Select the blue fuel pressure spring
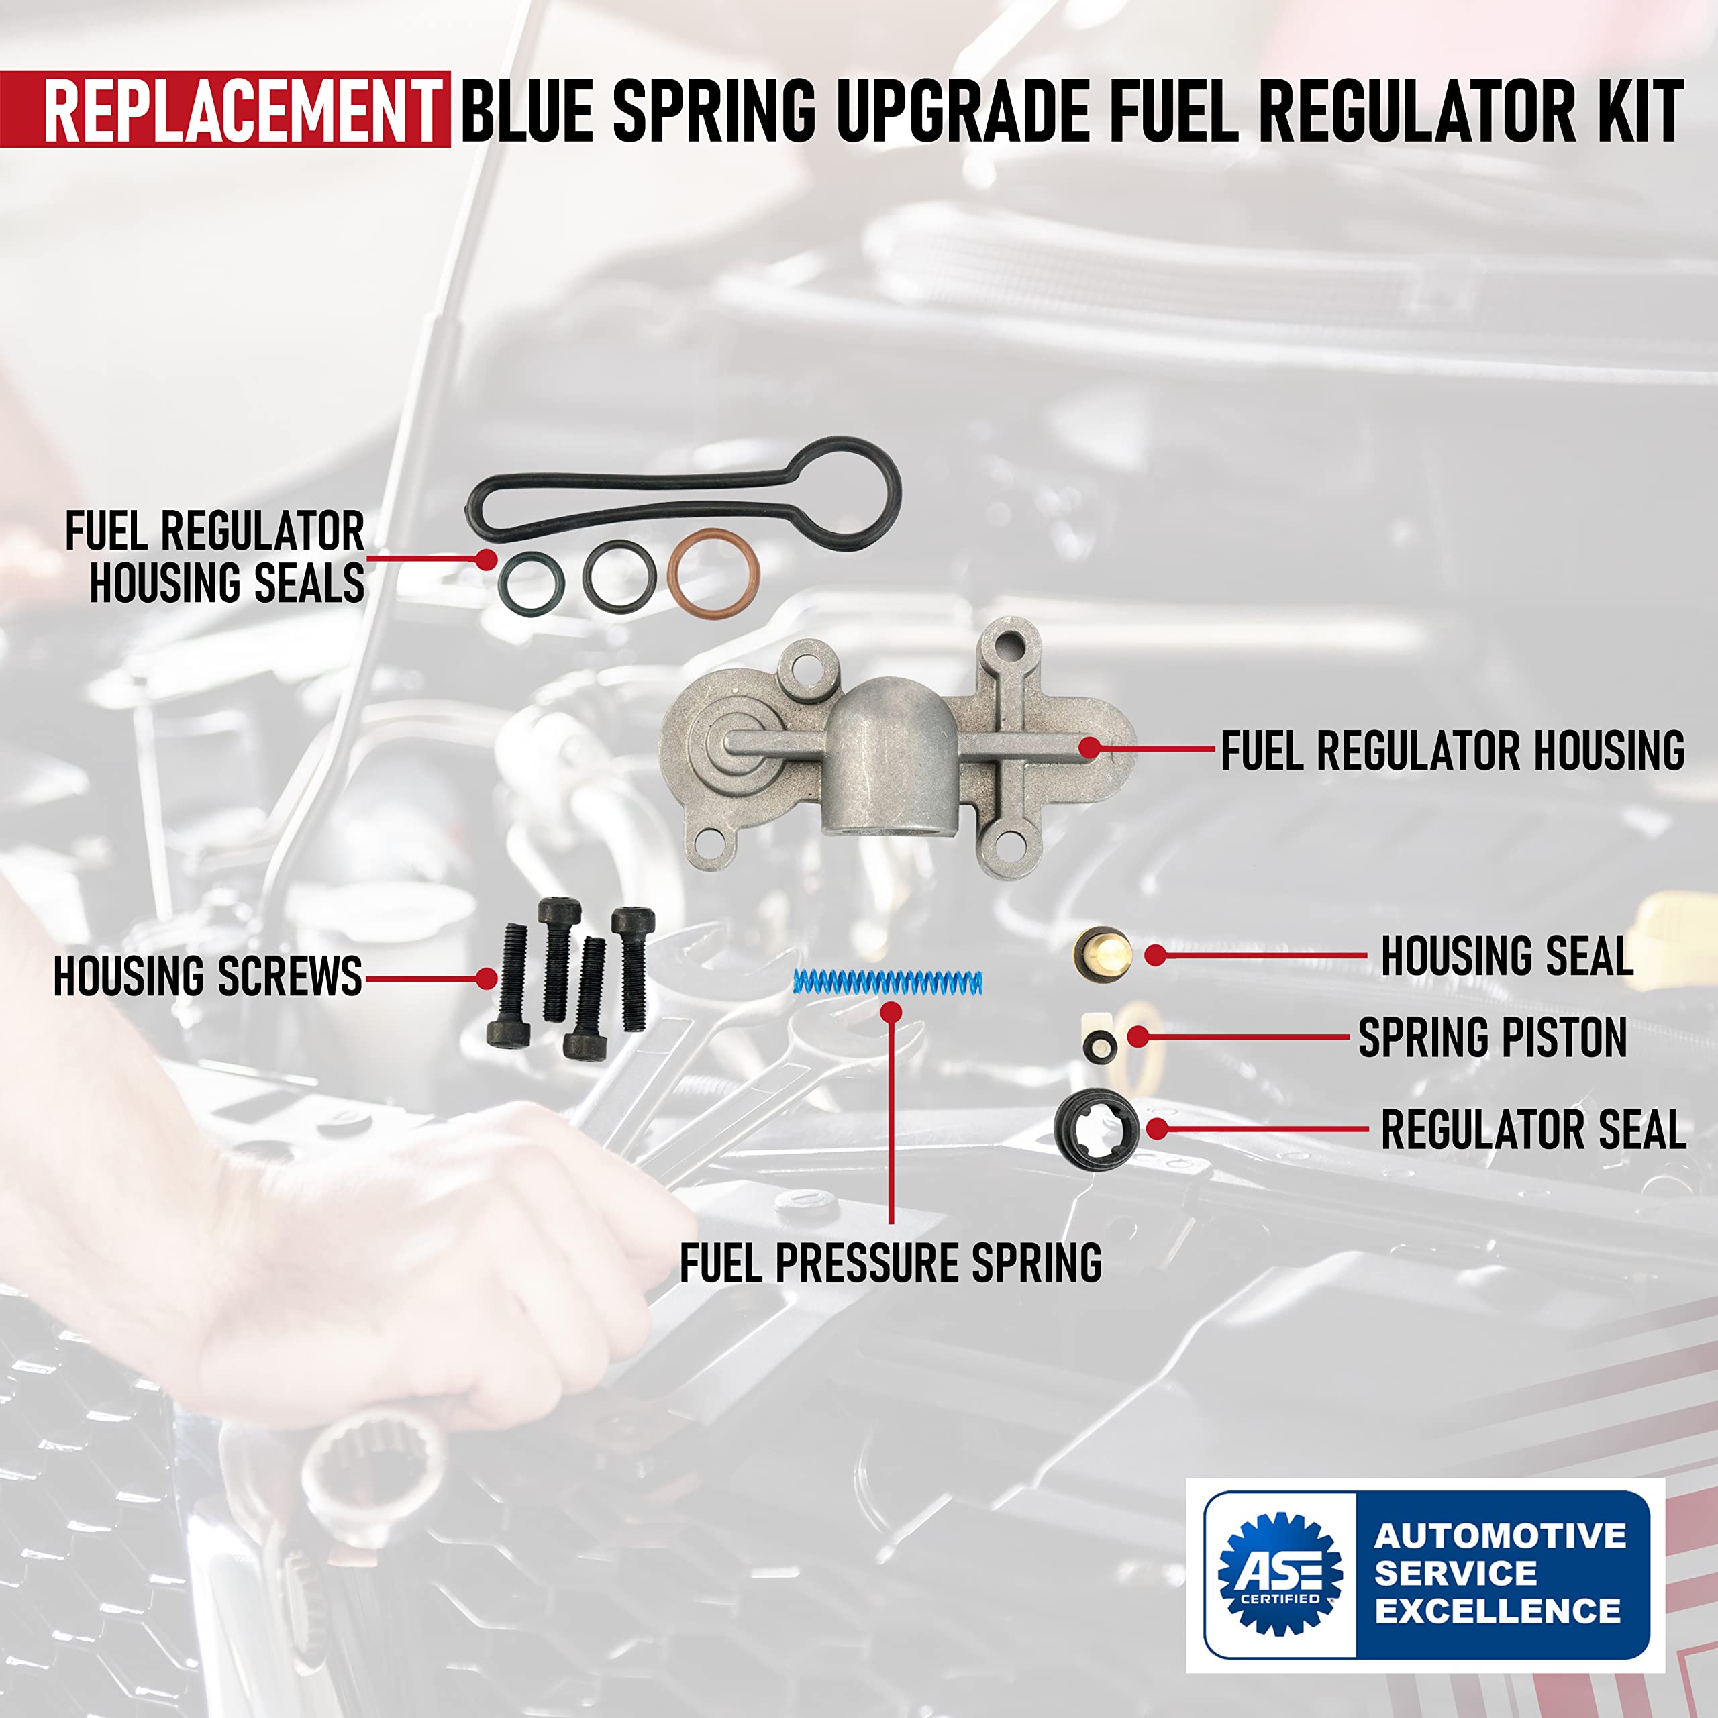(x=887, y=982)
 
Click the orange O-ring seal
(x=713, y=572)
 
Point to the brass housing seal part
(x=1103, y=954)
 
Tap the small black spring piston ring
(x=1100, y=1047)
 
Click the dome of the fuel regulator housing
(x=892, y=729)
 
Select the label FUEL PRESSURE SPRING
(x=890, y=1263)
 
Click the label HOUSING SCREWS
(x=208, y=976)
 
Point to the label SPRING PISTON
(x=1492, y=1038)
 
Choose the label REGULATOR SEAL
(x=1533, y=1130)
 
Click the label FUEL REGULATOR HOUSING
(x=1452, y=752)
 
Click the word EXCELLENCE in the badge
(x=1499, y=1611)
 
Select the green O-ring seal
(x=531, y=583)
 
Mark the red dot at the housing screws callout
(x=485, y=979)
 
